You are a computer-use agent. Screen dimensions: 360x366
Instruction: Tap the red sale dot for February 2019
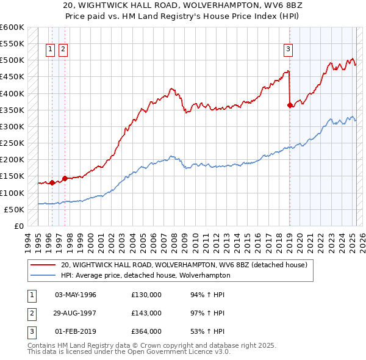[x=290, y=106]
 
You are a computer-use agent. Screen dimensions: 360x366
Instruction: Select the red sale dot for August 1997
[x=65, y=178]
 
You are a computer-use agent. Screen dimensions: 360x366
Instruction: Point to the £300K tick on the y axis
[x=12, y=126]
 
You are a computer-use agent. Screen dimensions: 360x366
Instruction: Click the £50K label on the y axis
[x=14, y=209]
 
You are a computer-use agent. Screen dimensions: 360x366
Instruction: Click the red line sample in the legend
[x=43, y=265]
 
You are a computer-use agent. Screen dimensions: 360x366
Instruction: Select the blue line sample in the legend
[x=43, y=275]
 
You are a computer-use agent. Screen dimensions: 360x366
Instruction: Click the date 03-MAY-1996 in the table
[x=76, y=295]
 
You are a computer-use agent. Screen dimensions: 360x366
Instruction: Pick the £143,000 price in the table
[x=146, y=313]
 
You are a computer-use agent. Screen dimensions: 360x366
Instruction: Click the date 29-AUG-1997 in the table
[x=76, y=313]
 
